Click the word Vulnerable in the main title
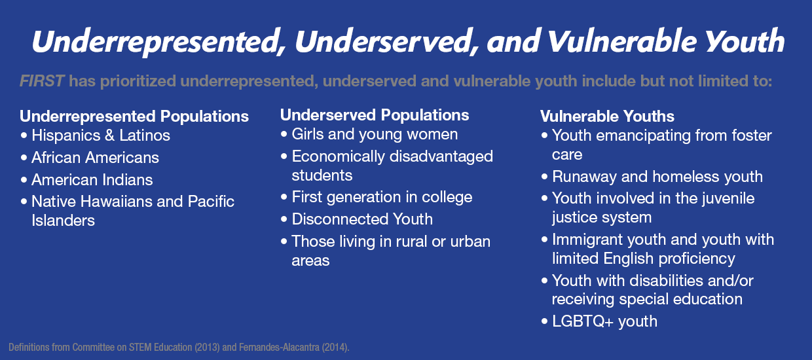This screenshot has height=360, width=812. coord(621,41)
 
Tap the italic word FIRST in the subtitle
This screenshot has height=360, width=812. coord(42,81)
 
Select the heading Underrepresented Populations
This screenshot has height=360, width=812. coord(134,117)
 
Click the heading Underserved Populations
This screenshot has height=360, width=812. coord(375,115)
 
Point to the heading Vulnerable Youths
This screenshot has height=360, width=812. coord(607,117)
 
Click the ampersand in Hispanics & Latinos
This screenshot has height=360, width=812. coord(110,135)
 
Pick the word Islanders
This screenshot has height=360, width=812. coord(63,221)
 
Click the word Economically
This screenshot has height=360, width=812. coord(339,157)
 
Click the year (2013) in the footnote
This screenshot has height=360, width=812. coord(207,348)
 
